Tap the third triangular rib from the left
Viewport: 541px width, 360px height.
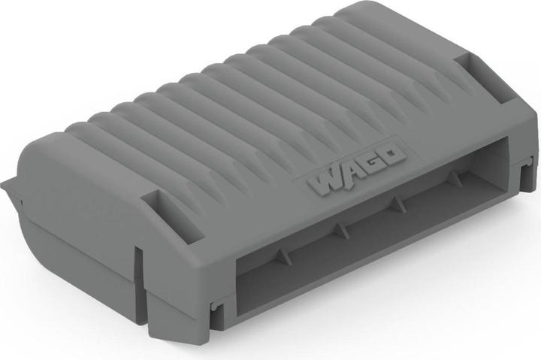pos(398,201)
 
